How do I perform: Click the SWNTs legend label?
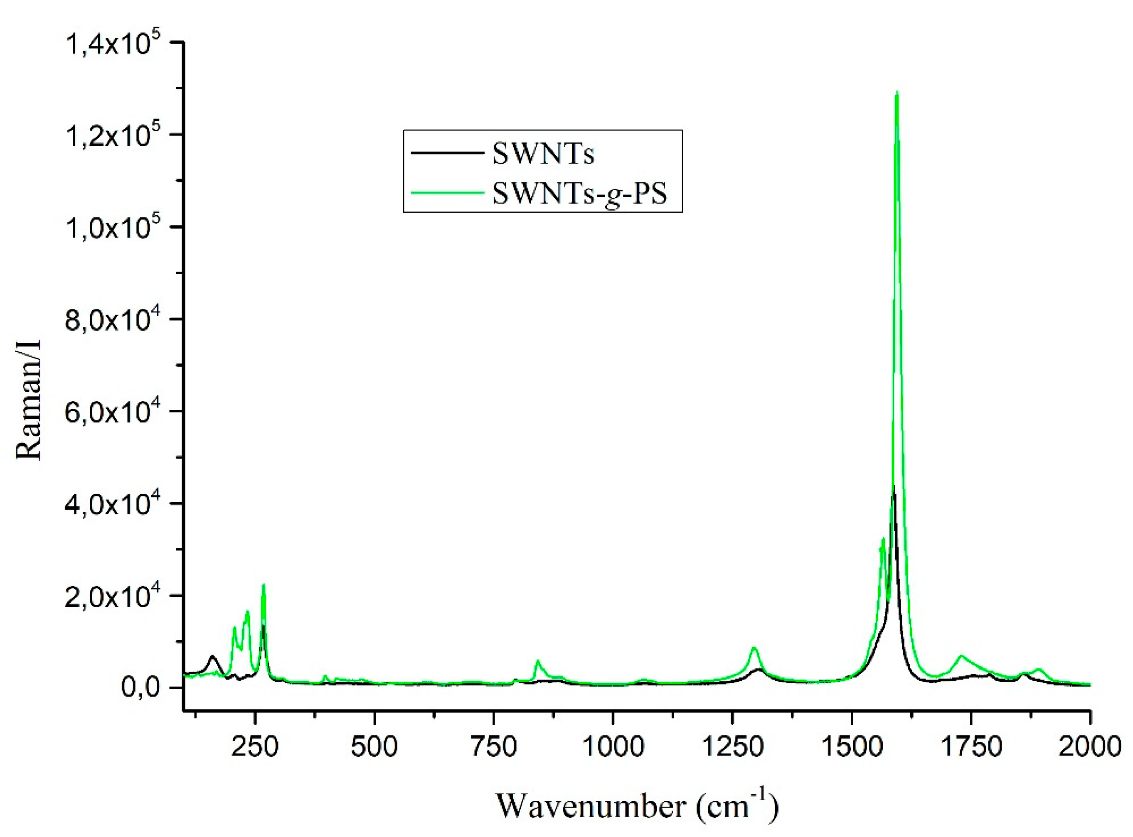click(543, 154)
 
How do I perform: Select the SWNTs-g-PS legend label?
click(579, 194)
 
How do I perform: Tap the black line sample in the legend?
click(446, 154)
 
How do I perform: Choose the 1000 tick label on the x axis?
click(613, 747)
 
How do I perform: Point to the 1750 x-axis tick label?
click(971, 747)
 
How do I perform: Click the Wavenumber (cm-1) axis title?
click(637, 805)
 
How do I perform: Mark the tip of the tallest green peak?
click(897, 92)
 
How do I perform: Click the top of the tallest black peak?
click(893, 486)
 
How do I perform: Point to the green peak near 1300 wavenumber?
click(754, 648)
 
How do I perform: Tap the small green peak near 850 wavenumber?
click(538, 661)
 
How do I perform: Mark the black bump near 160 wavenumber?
click(212, 657)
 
